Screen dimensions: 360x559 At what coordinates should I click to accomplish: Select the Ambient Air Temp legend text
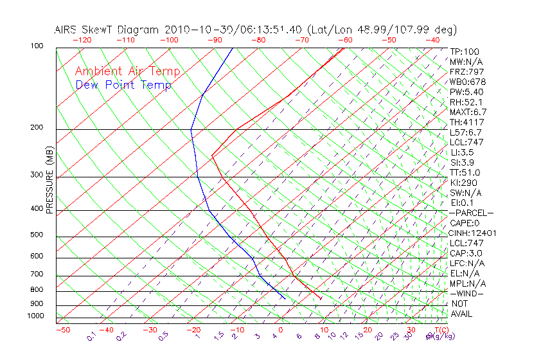(127, 71)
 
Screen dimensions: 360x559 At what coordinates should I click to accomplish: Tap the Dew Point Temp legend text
(123, 85)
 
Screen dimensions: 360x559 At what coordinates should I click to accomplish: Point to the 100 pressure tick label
(36, 46)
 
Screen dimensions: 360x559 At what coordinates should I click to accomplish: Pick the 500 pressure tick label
(36, 235)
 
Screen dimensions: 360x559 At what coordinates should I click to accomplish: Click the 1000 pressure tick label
(35, 316)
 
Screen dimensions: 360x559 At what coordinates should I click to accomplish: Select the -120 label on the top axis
(82, 40)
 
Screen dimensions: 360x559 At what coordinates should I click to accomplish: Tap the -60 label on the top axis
(345, 40)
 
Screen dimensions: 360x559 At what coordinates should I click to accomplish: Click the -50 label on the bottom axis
(62, 330)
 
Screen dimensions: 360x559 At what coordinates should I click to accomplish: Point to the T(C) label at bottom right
(438, 330)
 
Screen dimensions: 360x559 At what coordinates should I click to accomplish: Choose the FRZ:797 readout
(467, 71)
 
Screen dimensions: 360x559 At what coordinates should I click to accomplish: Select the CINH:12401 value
(473, 233)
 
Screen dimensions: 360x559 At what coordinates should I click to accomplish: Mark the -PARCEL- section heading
(472, 213)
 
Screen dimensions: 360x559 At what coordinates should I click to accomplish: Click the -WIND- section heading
(467, 293)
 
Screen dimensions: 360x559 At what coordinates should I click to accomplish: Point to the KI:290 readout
(464, 183)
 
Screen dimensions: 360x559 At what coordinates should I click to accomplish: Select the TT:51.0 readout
(466, 172)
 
